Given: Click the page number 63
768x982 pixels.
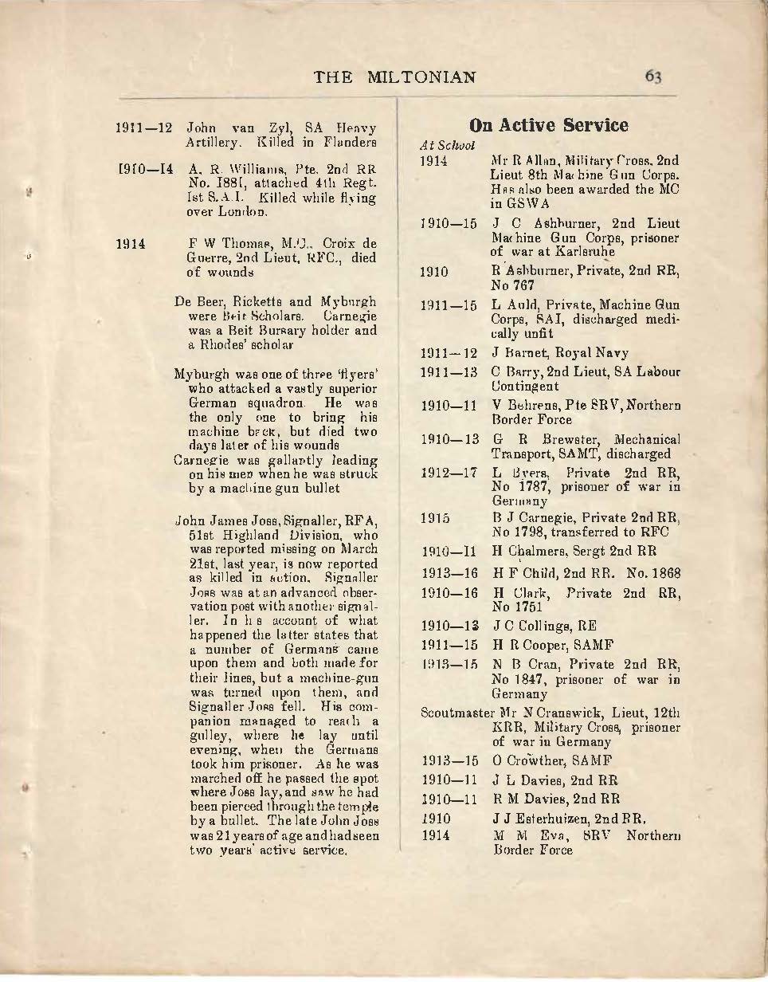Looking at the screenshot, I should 653,77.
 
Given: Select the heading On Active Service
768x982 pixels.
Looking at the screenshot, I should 548,125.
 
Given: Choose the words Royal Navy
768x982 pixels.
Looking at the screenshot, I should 588,352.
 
